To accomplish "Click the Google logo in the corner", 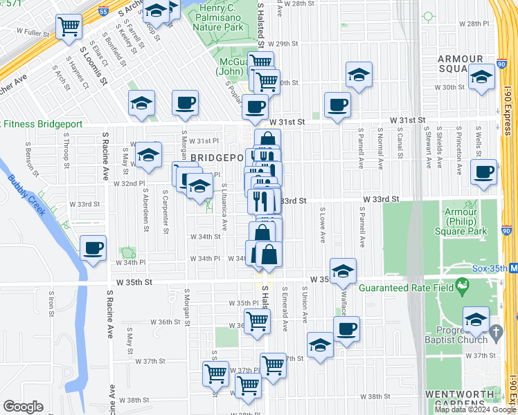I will tap(24, 407).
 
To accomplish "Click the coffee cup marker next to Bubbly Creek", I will tap(93, 248).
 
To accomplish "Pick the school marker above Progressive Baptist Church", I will tap(476, 319).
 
